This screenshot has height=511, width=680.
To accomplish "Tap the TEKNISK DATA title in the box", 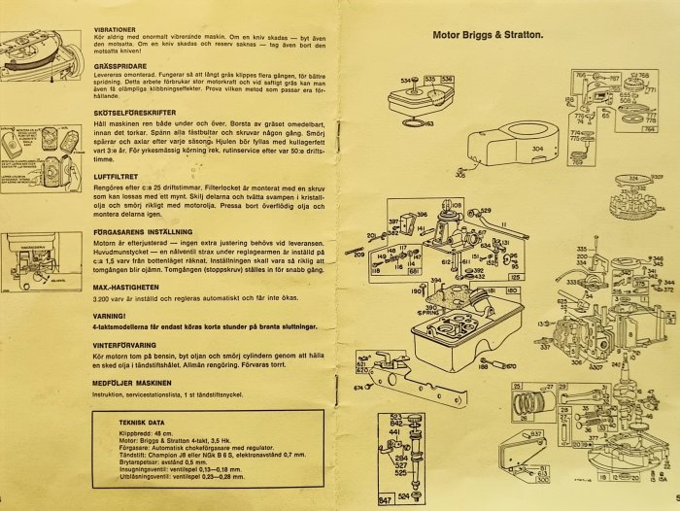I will pos(141,425).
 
